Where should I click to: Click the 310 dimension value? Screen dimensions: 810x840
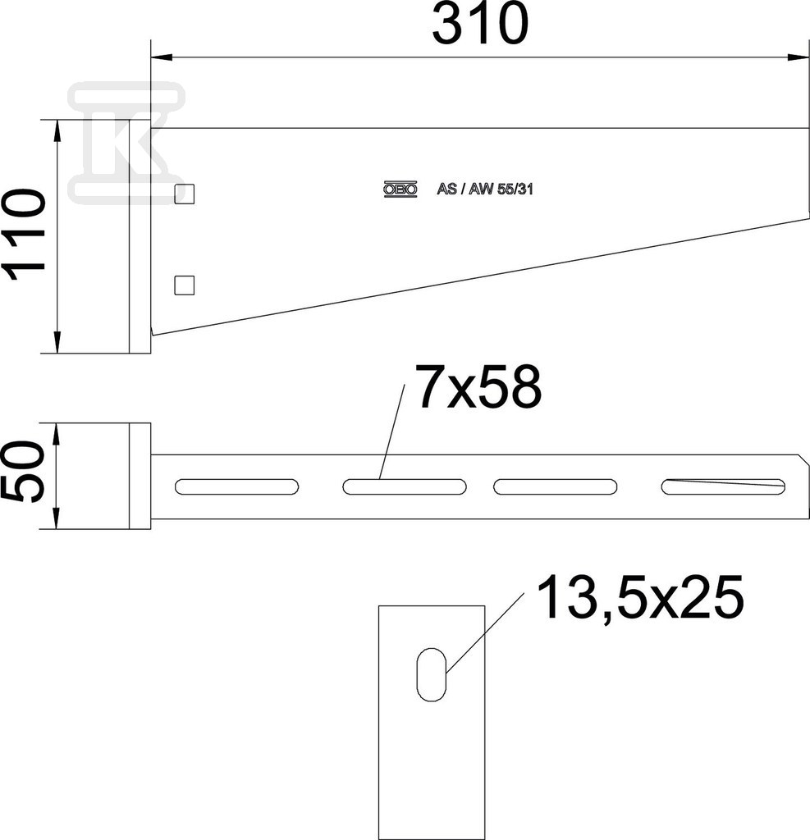coord(480,24)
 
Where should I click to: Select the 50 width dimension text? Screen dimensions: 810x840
coord(24,472)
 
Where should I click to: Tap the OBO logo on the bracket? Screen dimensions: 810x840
coord(400,189)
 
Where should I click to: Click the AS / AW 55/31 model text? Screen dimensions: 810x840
coord(485,189)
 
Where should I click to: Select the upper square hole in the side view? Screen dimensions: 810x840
coord(185,194)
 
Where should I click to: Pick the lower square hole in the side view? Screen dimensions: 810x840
coord(185,285)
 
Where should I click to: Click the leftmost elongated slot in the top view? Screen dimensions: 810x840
coord(236,486)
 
